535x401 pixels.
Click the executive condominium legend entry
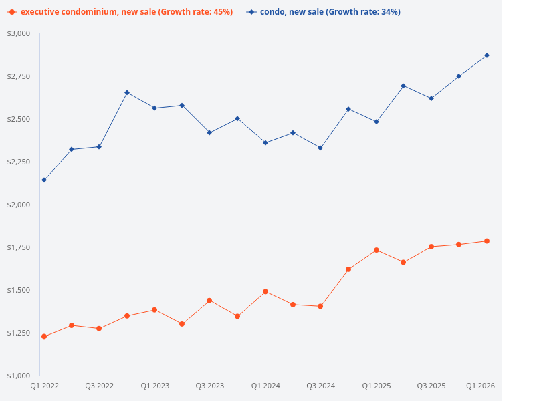[120, 12]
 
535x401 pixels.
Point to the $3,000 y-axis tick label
[19, 33]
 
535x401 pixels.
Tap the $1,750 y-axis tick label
[19, 247]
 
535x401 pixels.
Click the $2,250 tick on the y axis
[19, 162]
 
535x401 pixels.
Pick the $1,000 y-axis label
[19, 376]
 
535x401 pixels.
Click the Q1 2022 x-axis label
[45, 386]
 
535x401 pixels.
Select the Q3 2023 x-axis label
[210, 386]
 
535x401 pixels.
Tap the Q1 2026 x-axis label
[480, 386]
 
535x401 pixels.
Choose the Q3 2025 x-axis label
[431, 386]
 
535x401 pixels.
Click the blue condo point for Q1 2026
[487, 55]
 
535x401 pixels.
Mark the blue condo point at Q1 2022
[44, 180]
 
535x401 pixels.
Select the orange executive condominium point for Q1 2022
[44, 336]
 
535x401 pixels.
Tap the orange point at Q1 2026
[487, 241]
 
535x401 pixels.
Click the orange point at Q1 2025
[377, 250]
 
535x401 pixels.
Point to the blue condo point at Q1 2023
[154, 108]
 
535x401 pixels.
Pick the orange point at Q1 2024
[265, 291]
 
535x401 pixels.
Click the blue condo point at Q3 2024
[320, 148]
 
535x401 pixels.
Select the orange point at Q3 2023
[209, 300]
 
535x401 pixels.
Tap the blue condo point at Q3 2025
[431, 98]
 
